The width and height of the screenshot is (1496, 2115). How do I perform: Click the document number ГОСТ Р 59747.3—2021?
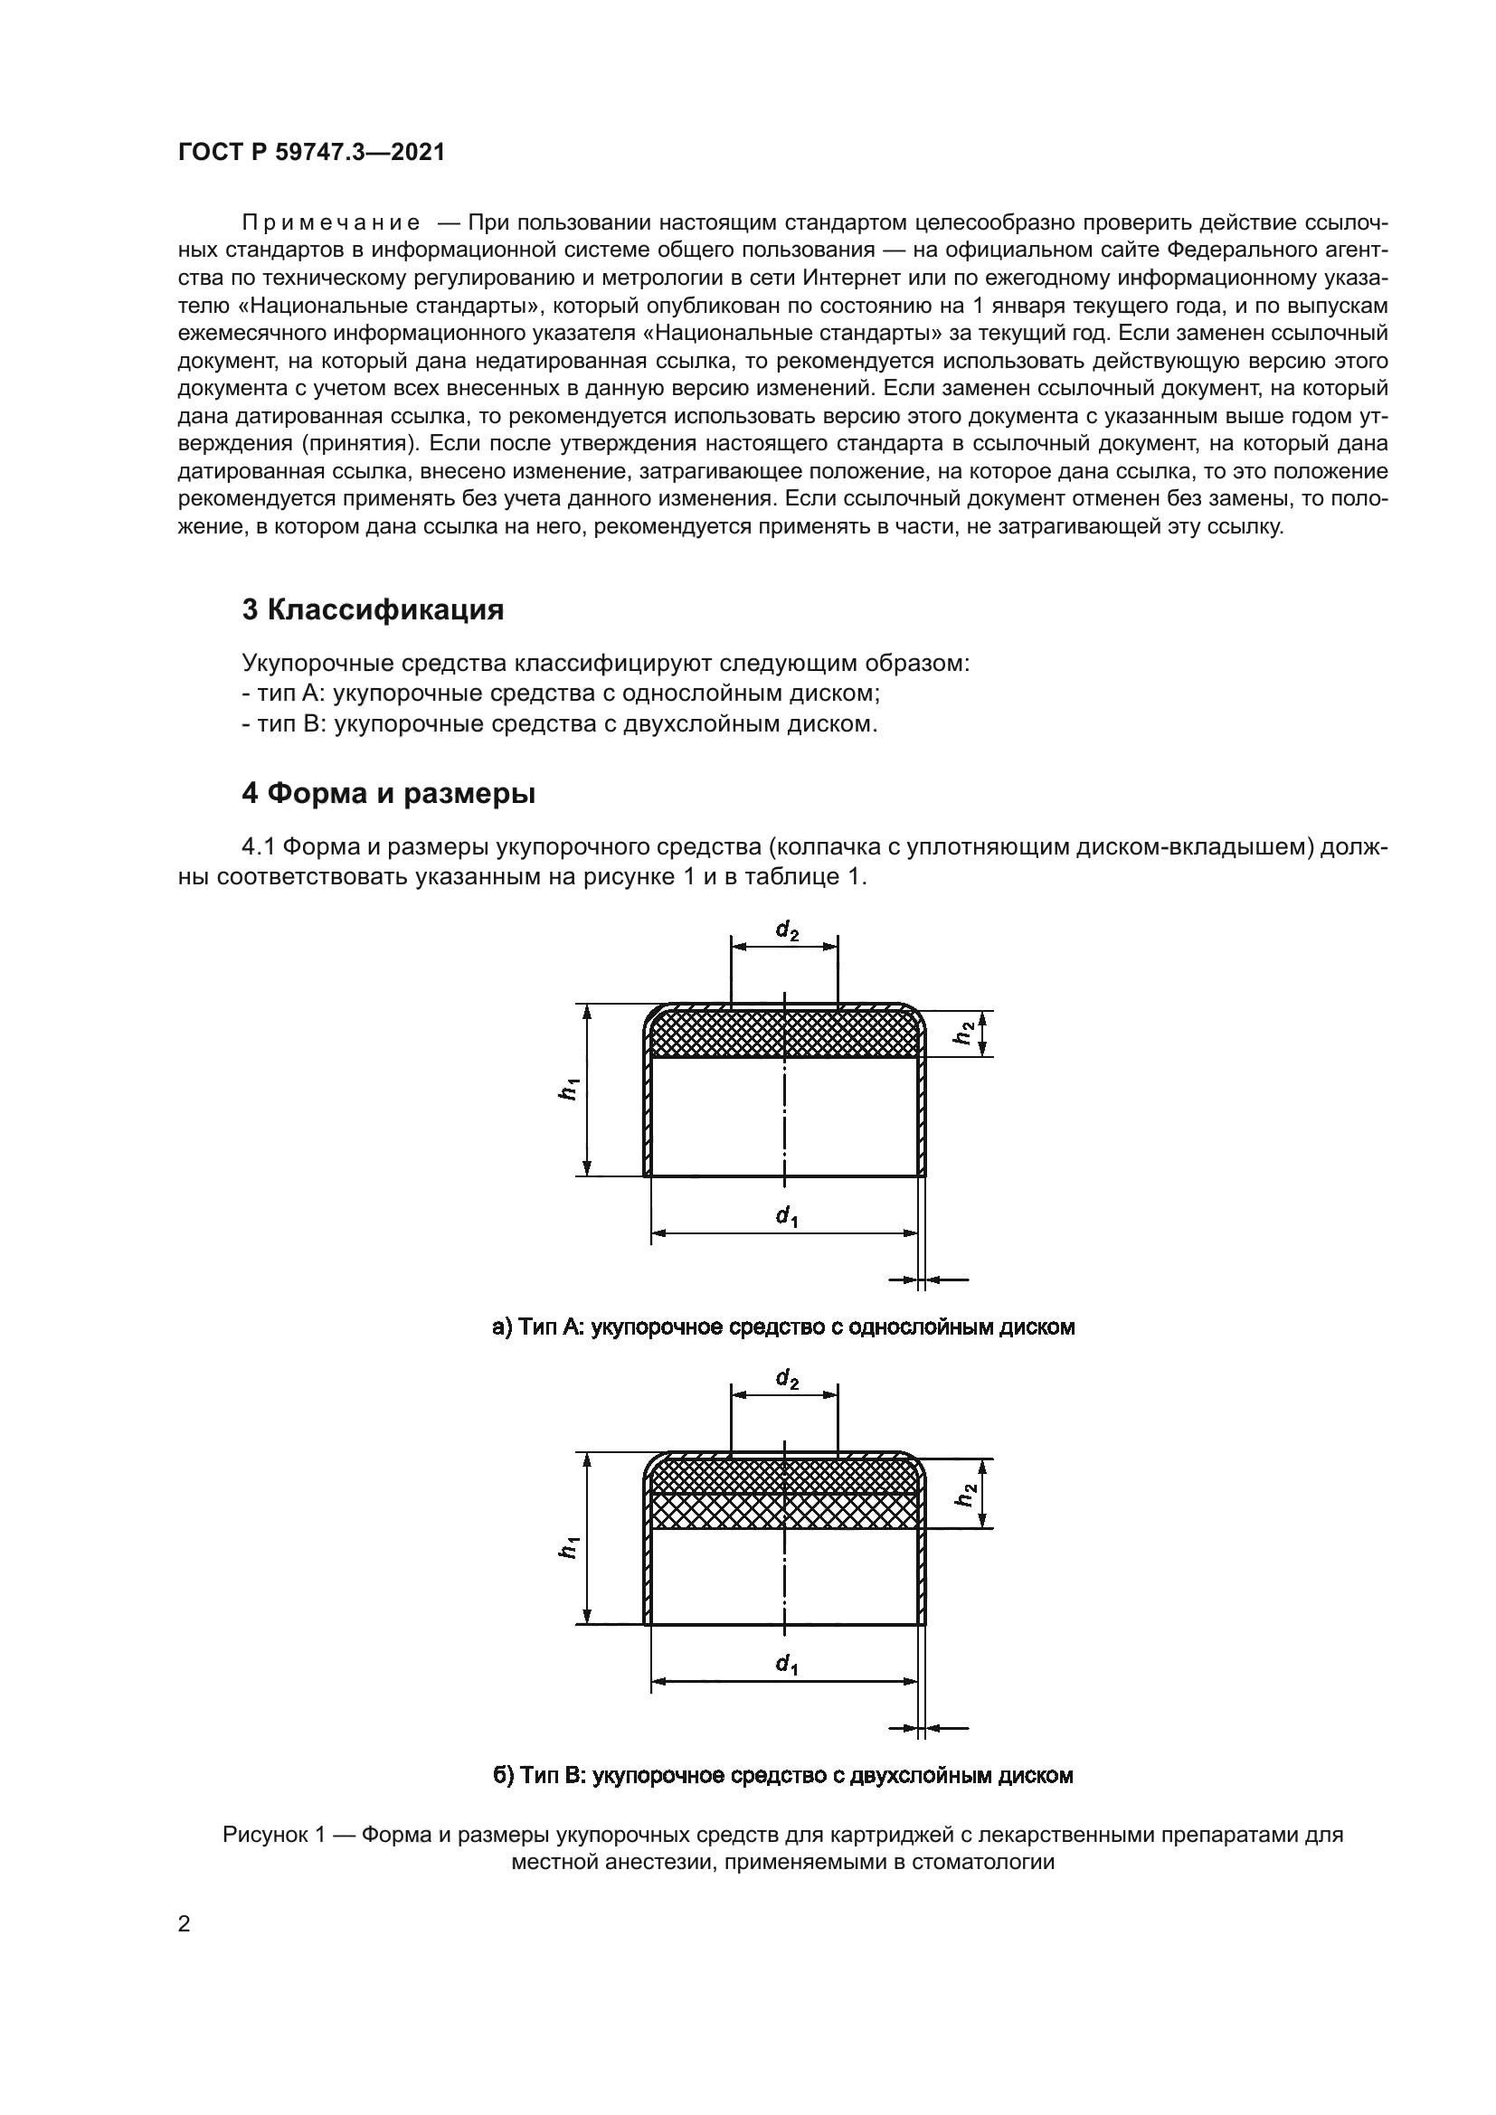pyautogui.click(x=311, y=153)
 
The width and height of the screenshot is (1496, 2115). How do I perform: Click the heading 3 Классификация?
pyautogui.click(x=372, y=609)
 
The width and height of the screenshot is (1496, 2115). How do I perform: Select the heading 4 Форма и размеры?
pyautogui.click(x=388, y=793)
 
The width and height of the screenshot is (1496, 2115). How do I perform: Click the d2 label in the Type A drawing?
pyautogui.click(x=787, y=931)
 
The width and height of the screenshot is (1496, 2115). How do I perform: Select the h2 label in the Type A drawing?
pyautogui.click(x=963, y=1033)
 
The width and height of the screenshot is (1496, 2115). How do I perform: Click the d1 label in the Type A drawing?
pyautogui.click(x=786, y=1217)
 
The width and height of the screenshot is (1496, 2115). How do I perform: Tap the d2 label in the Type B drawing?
pyautogui.click(x=787, y=1379)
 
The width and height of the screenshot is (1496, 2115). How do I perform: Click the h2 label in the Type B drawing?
pyautogui.click(x=963, y=1493)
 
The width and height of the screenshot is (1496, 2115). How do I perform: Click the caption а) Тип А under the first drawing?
pyautogui.click(x=783, y=1327)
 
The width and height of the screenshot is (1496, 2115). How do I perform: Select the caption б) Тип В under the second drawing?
pyautogui.click(x=783, y=1775)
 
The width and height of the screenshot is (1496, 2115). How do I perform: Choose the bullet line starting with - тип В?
pyautogui.click(x=559, y=723)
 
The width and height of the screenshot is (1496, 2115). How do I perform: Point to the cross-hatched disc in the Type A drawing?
pyautogui.click(x=718, y=1035)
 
